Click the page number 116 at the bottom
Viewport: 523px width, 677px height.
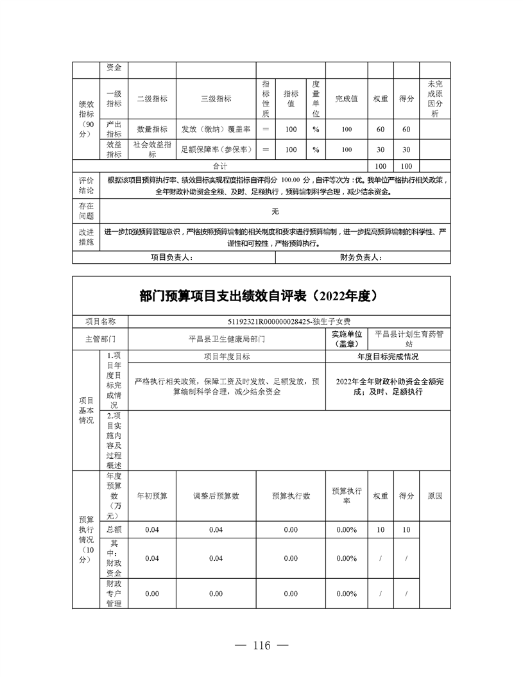pos(262,646)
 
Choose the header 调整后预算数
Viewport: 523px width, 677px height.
pos(216,496)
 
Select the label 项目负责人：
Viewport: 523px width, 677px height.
pos(171,257)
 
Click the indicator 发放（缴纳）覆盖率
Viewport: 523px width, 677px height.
pos(216,130)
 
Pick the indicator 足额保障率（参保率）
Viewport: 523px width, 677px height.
pos(216,150)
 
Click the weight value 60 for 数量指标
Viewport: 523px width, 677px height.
pos(381,130)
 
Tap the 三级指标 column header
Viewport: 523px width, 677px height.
pos(216,99)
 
